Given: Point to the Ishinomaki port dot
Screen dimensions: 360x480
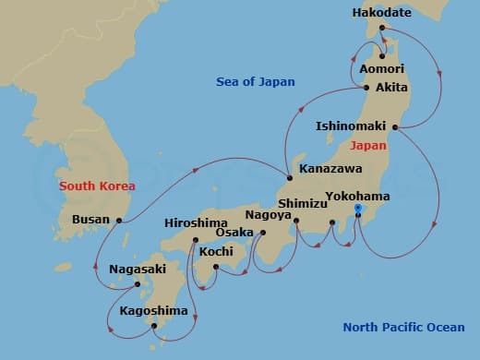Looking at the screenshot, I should click(x=395, y=126).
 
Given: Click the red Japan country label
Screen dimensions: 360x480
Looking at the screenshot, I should click(x=366, y=145).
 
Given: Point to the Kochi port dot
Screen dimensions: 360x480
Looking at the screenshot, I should click(x=215, y=268).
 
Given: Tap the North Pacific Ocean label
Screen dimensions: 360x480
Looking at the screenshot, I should click(x=403, y=327).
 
